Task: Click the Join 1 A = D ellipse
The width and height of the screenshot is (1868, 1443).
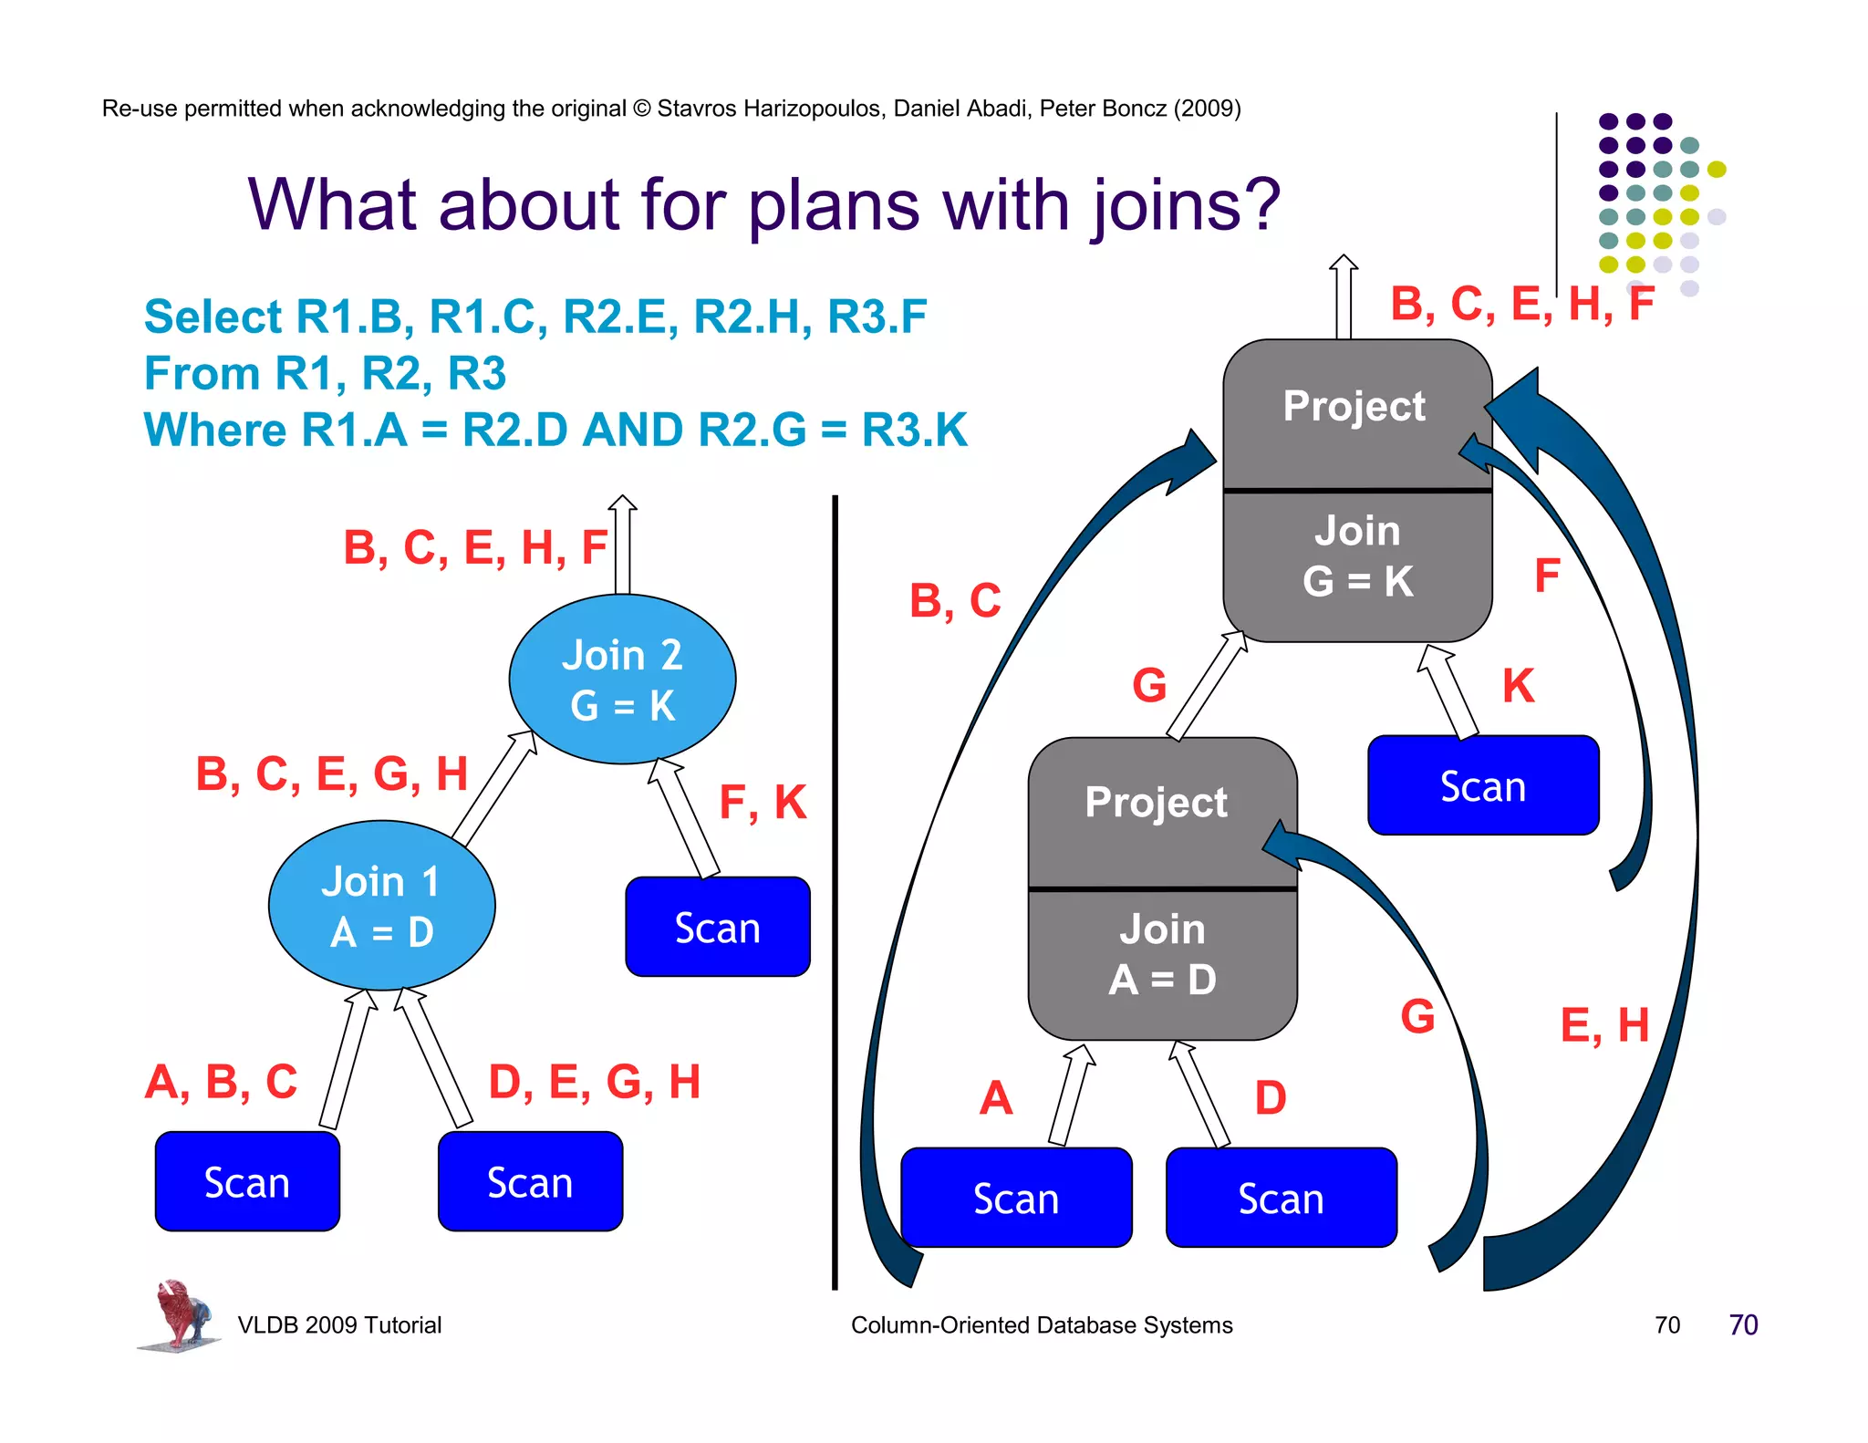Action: (x=381, y=906)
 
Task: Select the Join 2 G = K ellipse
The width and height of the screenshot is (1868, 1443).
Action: (x=622, y=680)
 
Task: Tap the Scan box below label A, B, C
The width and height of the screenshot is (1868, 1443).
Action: (x=247, y=1182)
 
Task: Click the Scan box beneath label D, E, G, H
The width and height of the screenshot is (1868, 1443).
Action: (x=530, y=1182)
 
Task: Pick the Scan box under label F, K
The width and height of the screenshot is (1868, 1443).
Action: (x=717, y=928)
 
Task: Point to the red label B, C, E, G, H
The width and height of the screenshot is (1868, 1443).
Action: (x=332, y=773)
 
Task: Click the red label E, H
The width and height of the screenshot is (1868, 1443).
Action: (x=1604, y=1025)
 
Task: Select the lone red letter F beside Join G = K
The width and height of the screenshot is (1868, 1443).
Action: (x=1547, y=576)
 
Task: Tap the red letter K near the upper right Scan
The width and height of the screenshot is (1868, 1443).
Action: (x=1519, y=686)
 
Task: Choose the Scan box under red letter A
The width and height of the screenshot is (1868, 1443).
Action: (x=1016, y=1198)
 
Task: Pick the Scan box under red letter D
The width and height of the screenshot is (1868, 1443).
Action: (x=1281, y=1198)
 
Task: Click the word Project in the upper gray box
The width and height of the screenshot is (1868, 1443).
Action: (x=1354, y=406)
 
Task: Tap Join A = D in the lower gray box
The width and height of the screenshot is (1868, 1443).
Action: (x=1162, y=954)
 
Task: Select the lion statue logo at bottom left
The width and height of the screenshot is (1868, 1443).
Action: (x=179, y=1314)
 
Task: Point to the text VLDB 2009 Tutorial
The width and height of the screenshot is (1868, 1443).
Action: (x=339, y=1325)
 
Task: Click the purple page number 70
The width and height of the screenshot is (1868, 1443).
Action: (x=1743, y=1325)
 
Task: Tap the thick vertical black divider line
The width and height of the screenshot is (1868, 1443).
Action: (x=835, y=894)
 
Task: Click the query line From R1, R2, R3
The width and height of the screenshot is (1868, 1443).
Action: (x=325, y=374)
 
